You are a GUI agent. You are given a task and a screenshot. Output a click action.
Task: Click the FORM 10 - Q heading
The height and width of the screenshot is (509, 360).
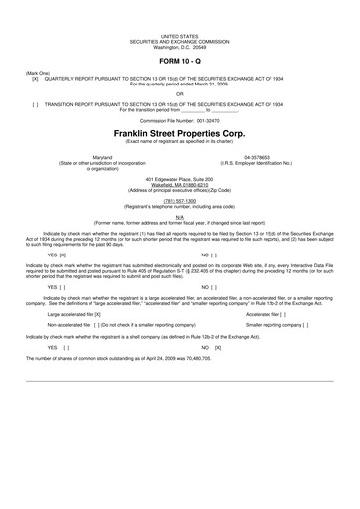[179, 63]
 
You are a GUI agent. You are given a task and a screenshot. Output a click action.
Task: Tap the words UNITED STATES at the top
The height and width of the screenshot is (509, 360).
[179, 34]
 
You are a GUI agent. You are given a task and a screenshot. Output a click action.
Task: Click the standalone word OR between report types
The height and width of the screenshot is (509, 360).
[179, 94]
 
